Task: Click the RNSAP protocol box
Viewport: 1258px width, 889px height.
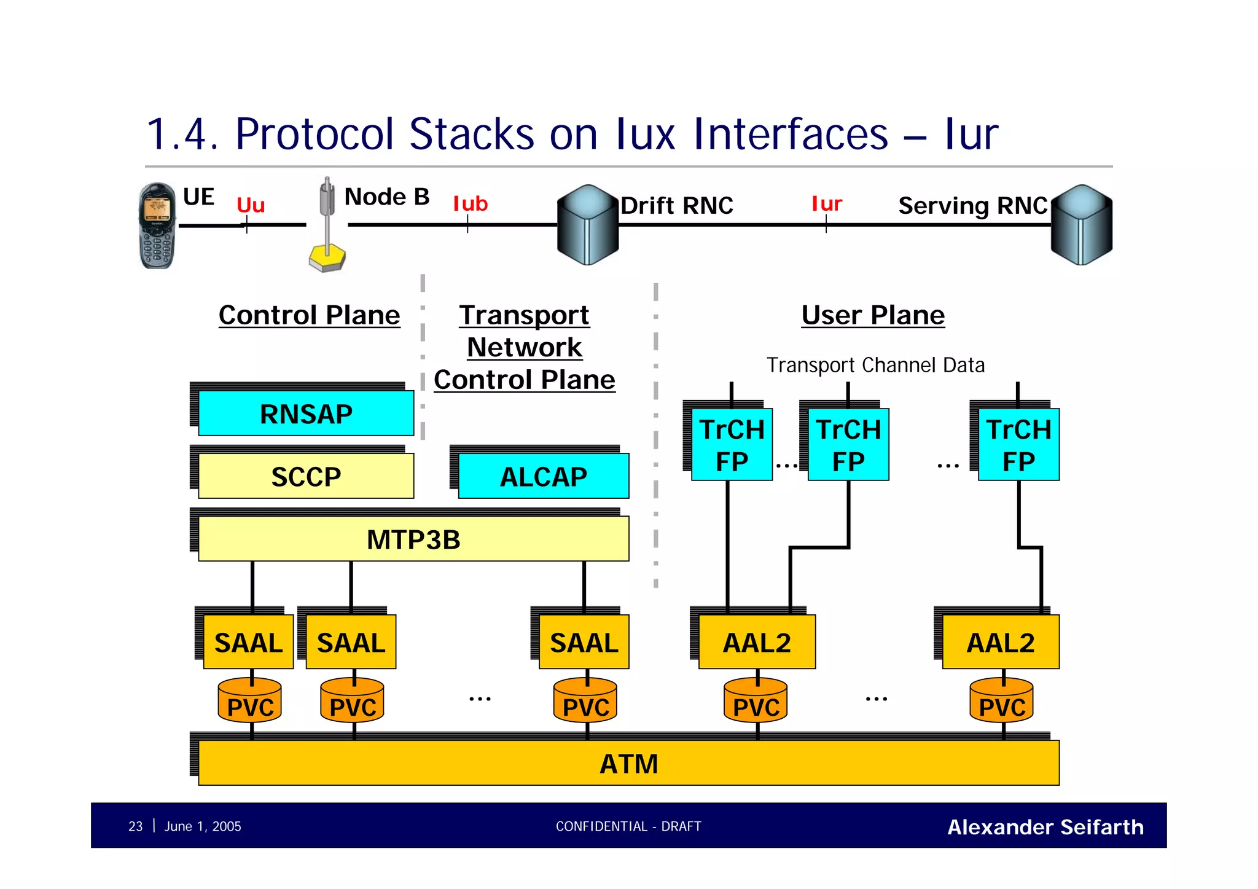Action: pyautogui.click(x=306, y=413)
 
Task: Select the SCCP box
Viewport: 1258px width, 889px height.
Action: pyautogui.click(x=306, y=476)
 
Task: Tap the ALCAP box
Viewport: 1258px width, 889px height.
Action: pyautogui.click(x=543, y=476)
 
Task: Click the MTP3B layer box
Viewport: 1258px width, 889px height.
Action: pyautogui.click(x=413, y=539)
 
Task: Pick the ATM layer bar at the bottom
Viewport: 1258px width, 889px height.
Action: pyautogui.click(x=628, y=763)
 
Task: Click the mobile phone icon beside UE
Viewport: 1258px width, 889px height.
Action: pyautogui.click(x=157, y=225)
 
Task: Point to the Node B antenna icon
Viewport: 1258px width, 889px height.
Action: pyautogui.click(x=327, y=225)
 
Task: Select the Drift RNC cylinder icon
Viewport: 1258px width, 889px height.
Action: pyautogui.click(x=587, y=225)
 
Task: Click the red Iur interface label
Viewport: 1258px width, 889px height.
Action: pyautogui.click(x=826, y=203)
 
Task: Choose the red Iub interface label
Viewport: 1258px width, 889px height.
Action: pyautogui.click(x=470, y=203)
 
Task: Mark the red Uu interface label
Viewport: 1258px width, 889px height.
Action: pyautogui.click(x=251, y=205)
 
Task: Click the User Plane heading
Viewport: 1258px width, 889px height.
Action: pyautogui.click(x=872, y=315)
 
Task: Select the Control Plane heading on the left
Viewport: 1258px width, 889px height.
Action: pyautogui.click(x=309, y=315)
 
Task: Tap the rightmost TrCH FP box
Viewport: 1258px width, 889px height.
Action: pyautogui.click(x=1018, y=445)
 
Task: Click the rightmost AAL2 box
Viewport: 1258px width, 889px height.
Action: pyautogui.click(x=1000, y=642)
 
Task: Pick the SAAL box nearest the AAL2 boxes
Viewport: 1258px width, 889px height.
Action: pyautogui.click(x=584, y=642)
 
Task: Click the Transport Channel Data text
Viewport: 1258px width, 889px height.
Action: pyautogui.click(x=875, y=365)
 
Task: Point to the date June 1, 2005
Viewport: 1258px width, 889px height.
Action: pyautogui.click(x=202, y=826)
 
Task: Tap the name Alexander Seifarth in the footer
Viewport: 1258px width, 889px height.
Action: pyautogui.click(x=1045, y=827)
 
